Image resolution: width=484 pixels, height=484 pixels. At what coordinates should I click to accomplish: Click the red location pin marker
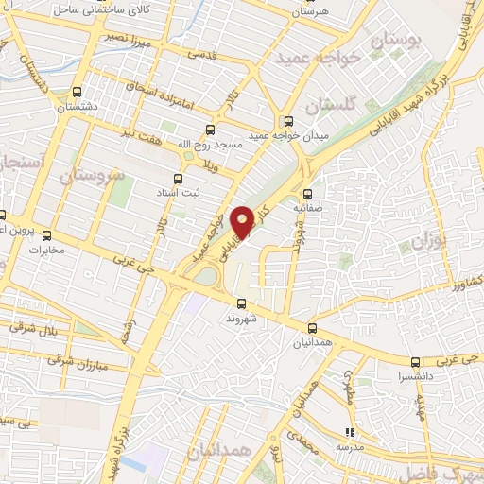coord(243,221)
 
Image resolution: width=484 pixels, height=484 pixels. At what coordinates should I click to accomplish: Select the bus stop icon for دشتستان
coord(77,93)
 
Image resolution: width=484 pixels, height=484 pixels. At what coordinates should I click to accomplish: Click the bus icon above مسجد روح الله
coord(209,130)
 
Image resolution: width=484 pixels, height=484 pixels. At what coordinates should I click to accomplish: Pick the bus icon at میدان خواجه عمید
coord(288,121)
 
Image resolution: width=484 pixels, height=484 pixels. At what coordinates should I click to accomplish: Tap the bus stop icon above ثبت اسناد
coord(178,177)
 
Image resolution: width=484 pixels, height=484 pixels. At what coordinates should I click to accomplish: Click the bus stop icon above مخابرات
coord(46,235)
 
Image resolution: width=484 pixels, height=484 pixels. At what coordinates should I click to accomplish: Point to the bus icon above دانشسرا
coord(415,361)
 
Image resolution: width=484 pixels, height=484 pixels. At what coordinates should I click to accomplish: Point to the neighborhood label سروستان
coord(92,175)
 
